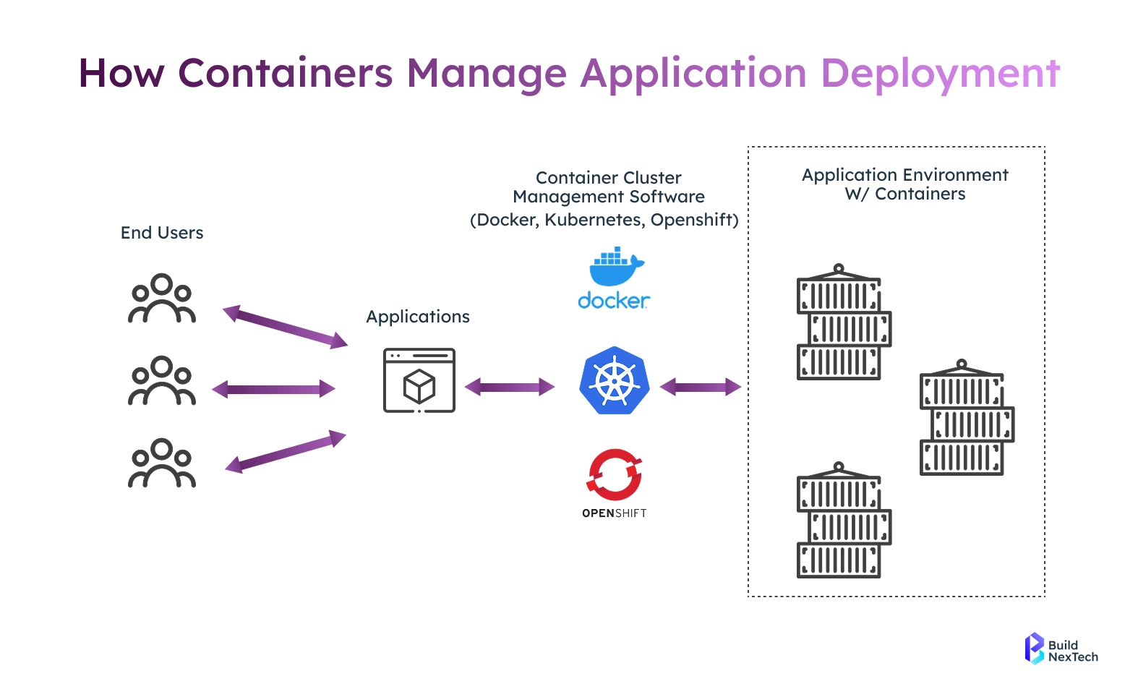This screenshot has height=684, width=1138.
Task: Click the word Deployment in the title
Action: (x=941, y=74)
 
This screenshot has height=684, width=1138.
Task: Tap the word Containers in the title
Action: (x=286, y=73)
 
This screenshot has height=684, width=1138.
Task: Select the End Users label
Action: (x=161, y=233)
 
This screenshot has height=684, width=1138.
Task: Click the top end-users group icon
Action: (x=161, y=299)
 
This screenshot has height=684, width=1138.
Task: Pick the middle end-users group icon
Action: (x=161, y=380)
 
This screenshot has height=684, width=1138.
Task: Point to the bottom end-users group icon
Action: (x=161, y=463)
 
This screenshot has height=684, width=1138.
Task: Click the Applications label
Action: (x=418, y=317)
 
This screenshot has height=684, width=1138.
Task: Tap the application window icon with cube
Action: (x=419, y=380)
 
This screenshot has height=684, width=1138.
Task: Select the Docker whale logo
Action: (x=615, y=278)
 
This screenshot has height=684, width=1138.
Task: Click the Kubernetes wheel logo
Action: (x=615, y=380)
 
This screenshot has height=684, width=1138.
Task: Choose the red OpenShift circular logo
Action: (x=615, y=474)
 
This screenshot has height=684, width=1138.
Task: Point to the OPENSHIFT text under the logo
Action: (x=615, y=513)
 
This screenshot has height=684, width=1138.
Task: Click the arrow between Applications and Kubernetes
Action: (x=510, y=388)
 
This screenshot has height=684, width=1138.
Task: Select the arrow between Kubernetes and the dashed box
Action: (x=701, y=388)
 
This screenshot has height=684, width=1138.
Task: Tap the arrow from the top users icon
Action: (x=285, y=327)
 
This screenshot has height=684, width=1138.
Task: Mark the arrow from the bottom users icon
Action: (x=286, y=452)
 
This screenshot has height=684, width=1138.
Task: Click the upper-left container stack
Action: (x=844, y=322)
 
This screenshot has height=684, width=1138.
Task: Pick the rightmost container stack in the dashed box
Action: (x=967, y=417)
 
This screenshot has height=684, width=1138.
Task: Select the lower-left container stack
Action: (x=844, y=520)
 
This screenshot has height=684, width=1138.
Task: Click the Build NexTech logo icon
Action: (x=1035, y=649)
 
